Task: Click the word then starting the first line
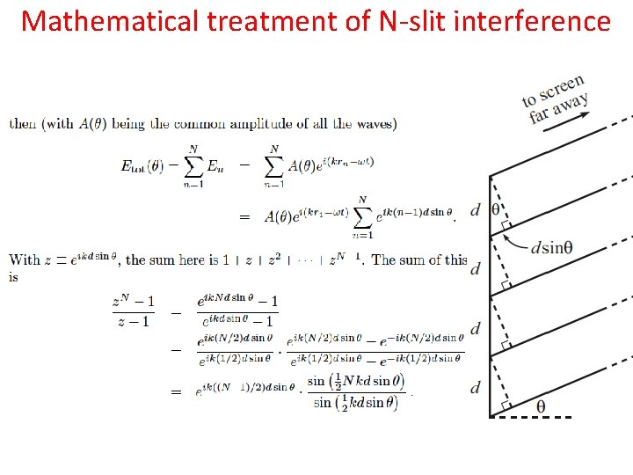pyautogui.click(x=23, y=124)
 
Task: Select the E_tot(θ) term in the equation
pyautogui.click(x=147, y=165)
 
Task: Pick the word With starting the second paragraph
pyautogui.click(x=24, y=259)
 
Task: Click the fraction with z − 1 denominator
pyautogui.click(x=134, y=311)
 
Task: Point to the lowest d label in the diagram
pyautogui.click(x=476, y=387)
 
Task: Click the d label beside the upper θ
pyautogui.click(x=476, y=209)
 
